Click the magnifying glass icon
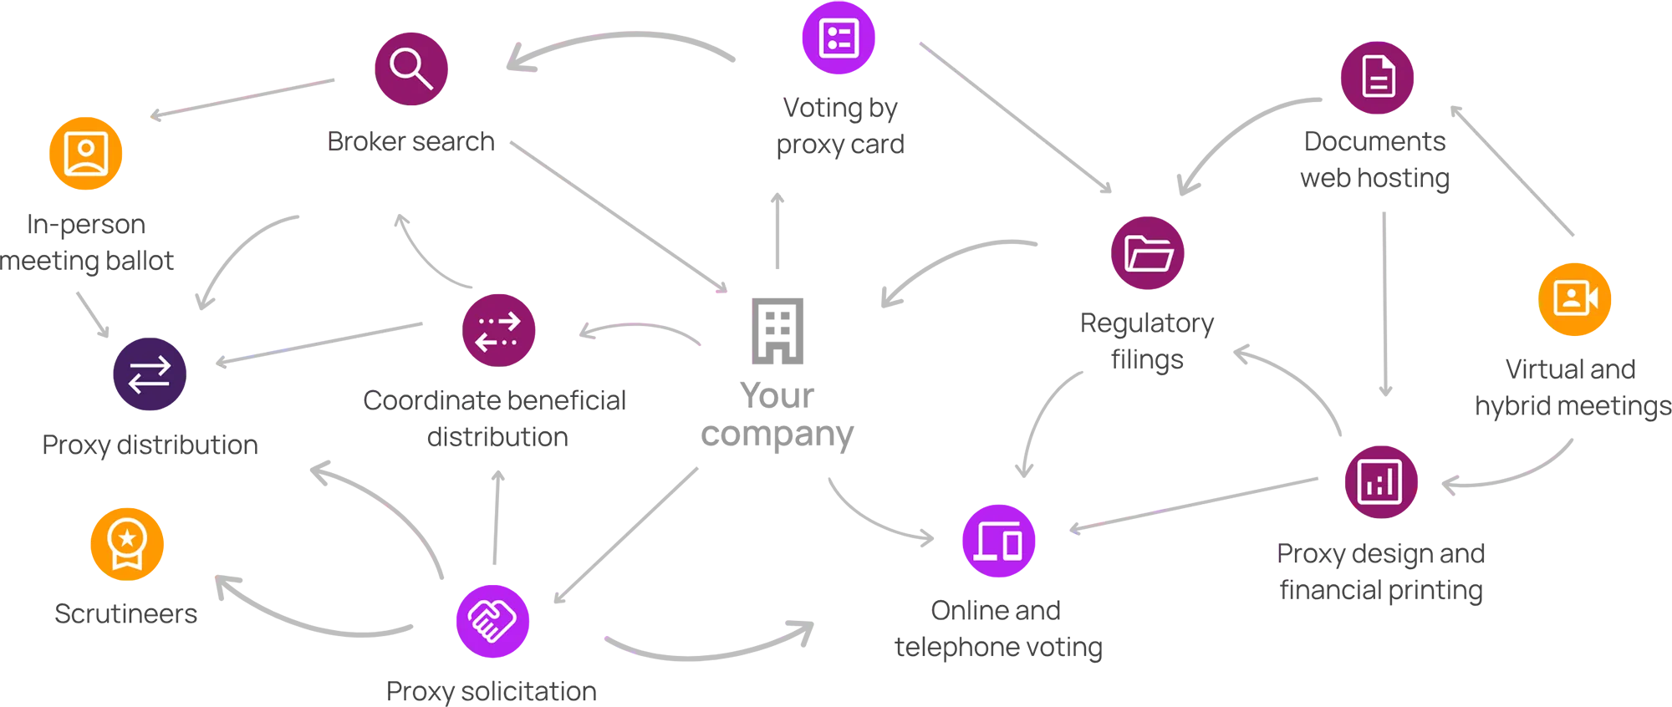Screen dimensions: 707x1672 410,68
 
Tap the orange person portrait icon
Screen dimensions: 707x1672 86,154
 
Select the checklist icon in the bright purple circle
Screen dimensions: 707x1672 839,38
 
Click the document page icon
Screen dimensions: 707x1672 1378,77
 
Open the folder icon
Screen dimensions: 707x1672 1149,253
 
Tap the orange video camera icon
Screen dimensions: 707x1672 1575,298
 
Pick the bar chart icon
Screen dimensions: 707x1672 1379,481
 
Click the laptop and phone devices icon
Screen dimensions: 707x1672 997,542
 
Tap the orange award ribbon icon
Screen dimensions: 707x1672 127,543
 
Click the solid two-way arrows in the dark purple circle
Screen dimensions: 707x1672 149,374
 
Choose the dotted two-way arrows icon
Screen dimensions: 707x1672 498,331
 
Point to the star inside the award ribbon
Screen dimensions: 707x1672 127,537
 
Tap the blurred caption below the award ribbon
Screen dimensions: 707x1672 127,612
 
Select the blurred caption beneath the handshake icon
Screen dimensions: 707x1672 492,690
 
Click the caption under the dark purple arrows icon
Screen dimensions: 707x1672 152,444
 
